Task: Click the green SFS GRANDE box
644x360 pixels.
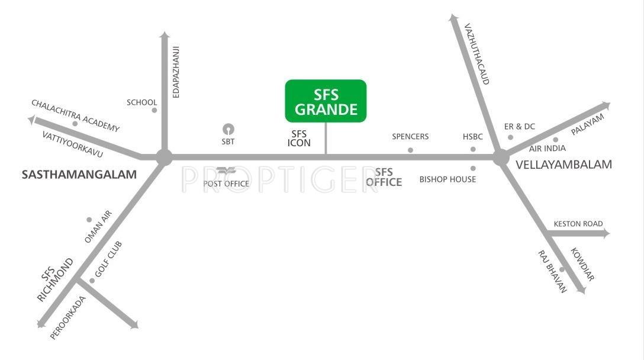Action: [x=326, y=101]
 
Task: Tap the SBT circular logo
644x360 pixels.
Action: [x=228, y=129]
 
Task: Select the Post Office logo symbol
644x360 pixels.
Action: [x=226, y=172]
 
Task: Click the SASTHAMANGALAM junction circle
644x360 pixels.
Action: [x=164, y=157]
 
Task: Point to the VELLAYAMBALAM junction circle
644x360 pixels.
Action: [x=501, y=157]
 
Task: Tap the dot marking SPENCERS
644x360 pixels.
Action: [x=410, y=150]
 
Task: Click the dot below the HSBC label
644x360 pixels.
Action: [x=473, y=149]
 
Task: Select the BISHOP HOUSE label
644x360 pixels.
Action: [x=447, y=179]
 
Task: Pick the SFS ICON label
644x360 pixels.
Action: [x=299, y=139]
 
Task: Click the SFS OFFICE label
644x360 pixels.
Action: [x=384, y=178]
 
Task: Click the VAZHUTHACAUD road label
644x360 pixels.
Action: [x=477, y=53]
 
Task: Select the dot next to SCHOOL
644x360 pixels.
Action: [x=154, y=110]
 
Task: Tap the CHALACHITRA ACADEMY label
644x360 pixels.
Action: [x=75, y=115]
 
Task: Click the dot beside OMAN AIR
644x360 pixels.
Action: [x=89, y=220]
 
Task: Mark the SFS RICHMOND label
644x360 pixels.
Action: [x=57, y=279]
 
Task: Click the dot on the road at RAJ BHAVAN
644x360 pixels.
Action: [x=562, y=270]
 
